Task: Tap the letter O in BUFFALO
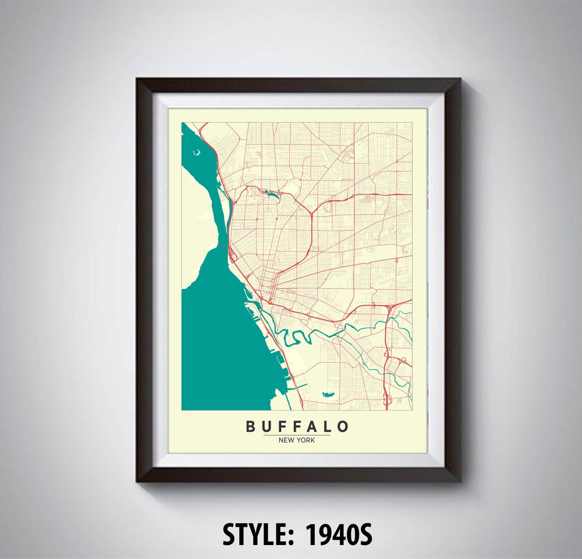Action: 343,427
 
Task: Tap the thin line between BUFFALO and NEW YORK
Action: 297,435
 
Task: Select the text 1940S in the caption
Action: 338,535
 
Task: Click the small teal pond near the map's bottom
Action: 328,395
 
